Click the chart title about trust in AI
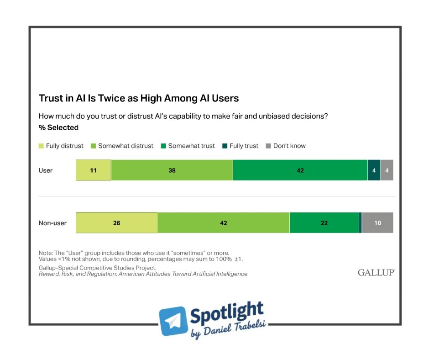click(x=139, y=98)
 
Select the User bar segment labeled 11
click(x=93, y=170)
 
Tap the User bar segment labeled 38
click(x=172, y=170)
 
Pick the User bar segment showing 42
click(x=300, y=170)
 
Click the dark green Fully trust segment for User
click(x=374, y=170)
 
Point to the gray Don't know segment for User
click(x=387, y=170)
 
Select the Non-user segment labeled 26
click(x=116, y=223)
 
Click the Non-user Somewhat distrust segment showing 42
click(x=223, y=223)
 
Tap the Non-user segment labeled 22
click(x=324, y=223)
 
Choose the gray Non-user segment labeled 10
click(x=377, y=223)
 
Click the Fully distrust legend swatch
click(x=41, y=146)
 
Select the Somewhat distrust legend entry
click(x=123, y=146)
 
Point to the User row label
click(x=46, y=170)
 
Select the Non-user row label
click(x=52, y=223)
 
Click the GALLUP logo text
click(x=376, y=273)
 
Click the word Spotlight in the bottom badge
click(x=226, y=315)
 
